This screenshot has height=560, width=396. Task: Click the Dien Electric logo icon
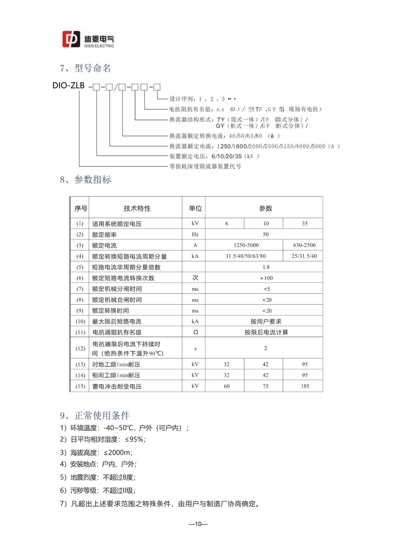(71, 39)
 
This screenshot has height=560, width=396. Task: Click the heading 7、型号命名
(85, 68)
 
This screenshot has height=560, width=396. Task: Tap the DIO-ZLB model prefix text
(69, 85)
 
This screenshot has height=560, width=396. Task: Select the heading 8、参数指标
(85, 180)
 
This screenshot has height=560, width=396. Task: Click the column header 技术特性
(137, 209)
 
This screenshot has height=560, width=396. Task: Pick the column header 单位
(195, 209)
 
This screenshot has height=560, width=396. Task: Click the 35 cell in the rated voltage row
(305, 224)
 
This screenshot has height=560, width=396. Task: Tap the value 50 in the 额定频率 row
(266, 234)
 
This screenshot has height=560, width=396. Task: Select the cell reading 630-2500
(304, 245)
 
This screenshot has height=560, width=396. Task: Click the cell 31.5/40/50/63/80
(245, 256)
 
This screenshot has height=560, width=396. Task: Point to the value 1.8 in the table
(266, 267)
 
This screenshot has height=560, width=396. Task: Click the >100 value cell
(266, 278)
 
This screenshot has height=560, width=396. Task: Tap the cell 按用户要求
(266, 322)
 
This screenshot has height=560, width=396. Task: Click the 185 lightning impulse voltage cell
(305, 386)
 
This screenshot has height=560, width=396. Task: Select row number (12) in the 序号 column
(80, 349)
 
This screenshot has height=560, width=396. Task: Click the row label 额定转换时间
(110, 311)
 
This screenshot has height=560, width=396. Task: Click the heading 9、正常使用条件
(95, 416)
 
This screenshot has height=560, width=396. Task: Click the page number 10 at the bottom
(198, 524)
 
